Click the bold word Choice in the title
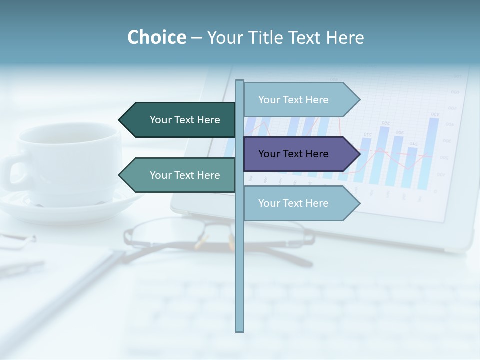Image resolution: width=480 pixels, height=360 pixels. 156,37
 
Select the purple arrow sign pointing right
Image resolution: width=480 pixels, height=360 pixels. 300,154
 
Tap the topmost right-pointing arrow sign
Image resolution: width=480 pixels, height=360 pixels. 300,100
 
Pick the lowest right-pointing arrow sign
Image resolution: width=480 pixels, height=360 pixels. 300,203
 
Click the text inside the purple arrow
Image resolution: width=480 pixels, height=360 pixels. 293,154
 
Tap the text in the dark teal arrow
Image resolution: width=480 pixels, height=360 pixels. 185,120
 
